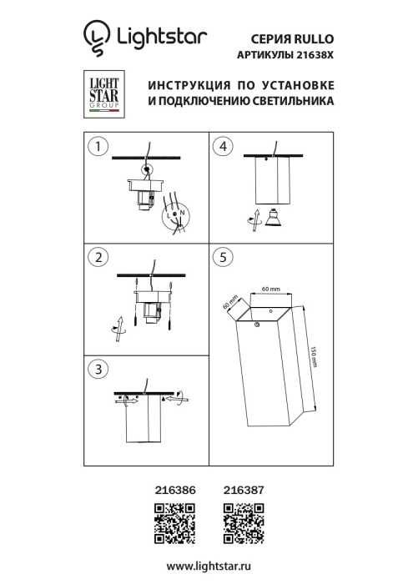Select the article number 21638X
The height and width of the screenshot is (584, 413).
point(312,56)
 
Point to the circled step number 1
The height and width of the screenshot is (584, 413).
point(99,147)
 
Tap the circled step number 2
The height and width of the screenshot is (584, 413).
point(99,257)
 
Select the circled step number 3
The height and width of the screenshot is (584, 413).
point(99,368)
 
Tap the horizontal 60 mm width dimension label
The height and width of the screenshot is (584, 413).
point(270,288)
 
